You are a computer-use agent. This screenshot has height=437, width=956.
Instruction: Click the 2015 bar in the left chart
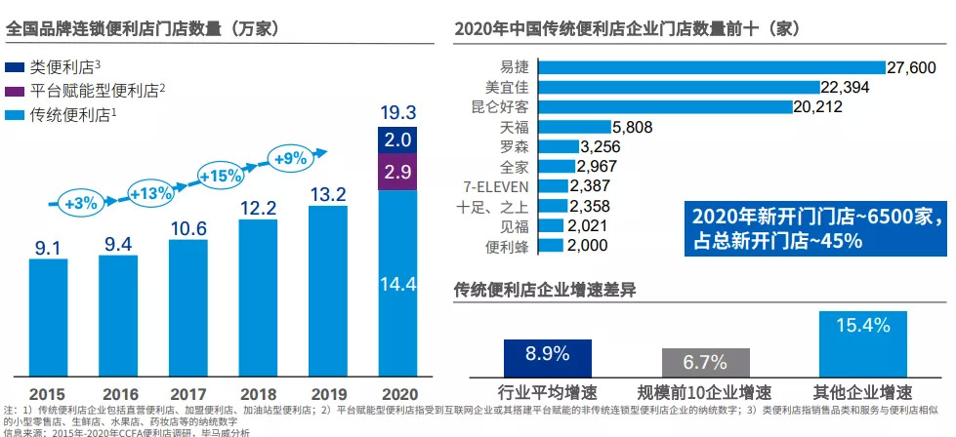pyautogui.click(x=41, y=317)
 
